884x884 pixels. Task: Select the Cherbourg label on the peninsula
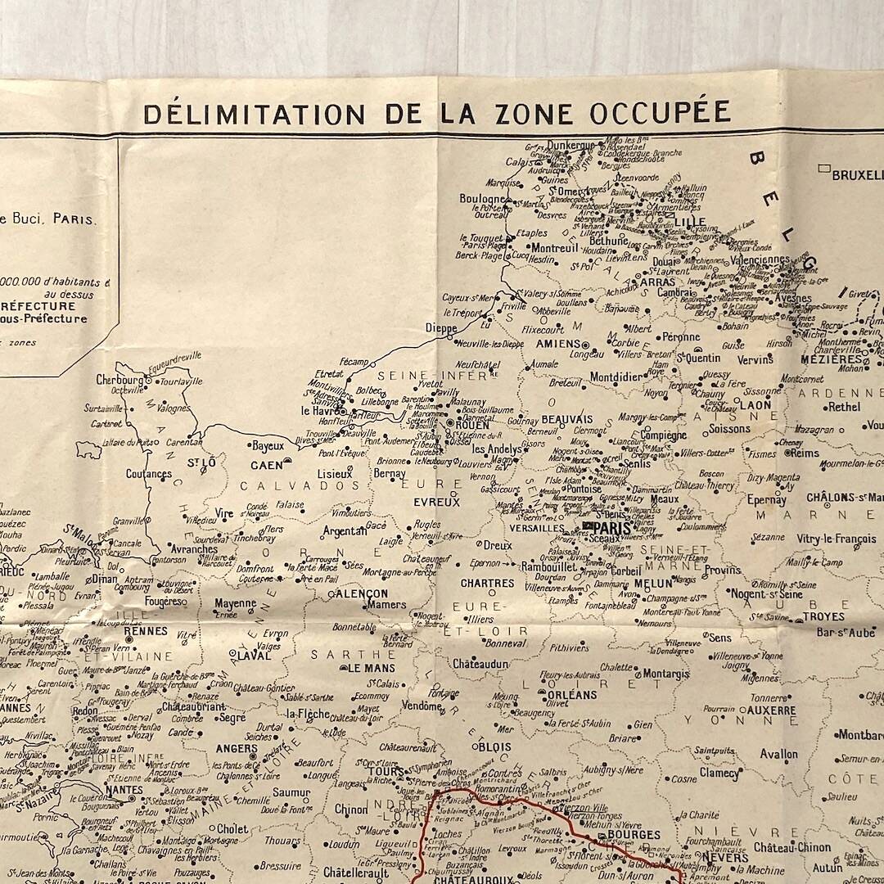coord(120,380)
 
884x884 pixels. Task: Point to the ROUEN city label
coord(471,425)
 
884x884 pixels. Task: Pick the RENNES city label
coord(146,632)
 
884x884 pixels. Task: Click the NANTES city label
coord(123,790)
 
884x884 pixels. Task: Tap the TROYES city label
coord(823,616)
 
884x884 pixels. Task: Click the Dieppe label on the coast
coord(441,328)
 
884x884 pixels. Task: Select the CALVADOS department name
coord(294,485)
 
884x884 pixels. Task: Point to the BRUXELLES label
coord(858,174)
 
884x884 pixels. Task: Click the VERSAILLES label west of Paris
coord(536,529)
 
